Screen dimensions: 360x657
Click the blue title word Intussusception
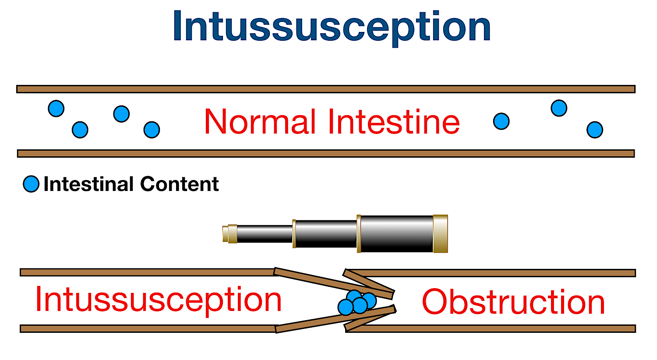point(332,27)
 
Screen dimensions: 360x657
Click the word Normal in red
point(260,122)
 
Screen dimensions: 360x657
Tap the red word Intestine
point(394,122)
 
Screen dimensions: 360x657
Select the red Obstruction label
point(513,302)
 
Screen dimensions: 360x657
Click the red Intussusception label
point(158,300)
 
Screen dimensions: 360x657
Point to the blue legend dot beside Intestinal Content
point(31,184)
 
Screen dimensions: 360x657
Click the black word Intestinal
point(88,184)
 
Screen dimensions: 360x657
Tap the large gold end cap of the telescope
point(440,234)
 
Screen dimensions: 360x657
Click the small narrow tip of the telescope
point(230,233)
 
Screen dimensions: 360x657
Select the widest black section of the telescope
point(396,234)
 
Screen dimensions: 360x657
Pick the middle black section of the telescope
point(326,234)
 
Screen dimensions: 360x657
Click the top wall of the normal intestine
point(325,89)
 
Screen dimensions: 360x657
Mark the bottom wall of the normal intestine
point(325,153)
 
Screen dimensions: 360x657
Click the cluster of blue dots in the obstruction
point(357,302)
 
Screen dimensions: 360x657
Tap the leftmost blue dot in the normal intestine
point(56,108)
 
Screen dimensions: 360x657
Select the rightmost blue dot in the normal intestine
point(594,130)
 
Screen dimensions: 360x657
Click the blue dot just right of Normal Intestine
point(501,121)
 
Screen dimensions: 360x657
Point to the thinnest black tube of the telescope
point(265,234)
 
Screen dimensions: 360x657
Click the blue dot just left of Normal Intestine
point(152,130)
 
